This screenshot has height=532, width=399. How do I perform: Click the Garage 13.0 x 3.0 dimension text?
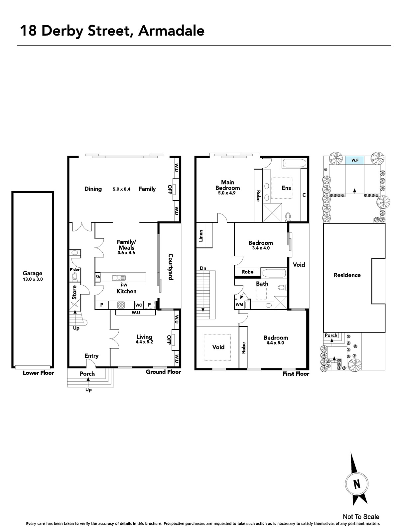33,279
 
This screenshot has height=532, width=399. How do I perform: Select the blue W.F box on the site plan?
355,160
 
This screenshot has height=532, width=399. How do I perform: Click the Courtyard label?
171,267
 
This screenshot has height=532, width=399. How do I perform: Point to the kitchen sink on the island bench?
118,278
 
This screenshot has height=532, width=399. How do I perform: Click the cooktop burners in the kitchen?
121,305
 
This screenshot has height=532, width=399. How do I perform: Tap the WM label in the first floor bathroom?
239,305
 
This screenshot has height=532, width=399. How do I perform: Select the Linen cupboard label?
201,236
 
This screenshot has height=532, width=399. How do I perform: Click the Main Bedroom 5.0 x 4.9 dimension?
227,193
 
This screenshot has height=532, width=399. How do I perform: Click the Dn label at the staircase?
203,268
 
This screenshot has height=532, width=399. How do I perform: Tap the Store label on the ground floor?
74,292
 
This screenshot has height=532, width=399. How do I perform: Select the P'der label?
74,270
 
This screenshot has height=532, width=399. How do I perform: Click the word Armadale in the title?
172,31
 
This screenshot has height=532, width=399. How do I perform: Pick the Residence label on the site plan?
347,275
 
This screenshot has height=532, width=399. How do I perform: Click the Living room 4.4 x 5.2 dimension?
144,342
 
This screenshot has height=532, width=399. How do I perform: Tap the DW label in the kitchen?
124,285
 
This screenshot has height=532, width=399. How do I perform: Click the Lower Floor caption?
38,373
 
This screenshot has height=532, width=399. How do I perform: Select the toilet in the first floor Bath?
283,288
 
